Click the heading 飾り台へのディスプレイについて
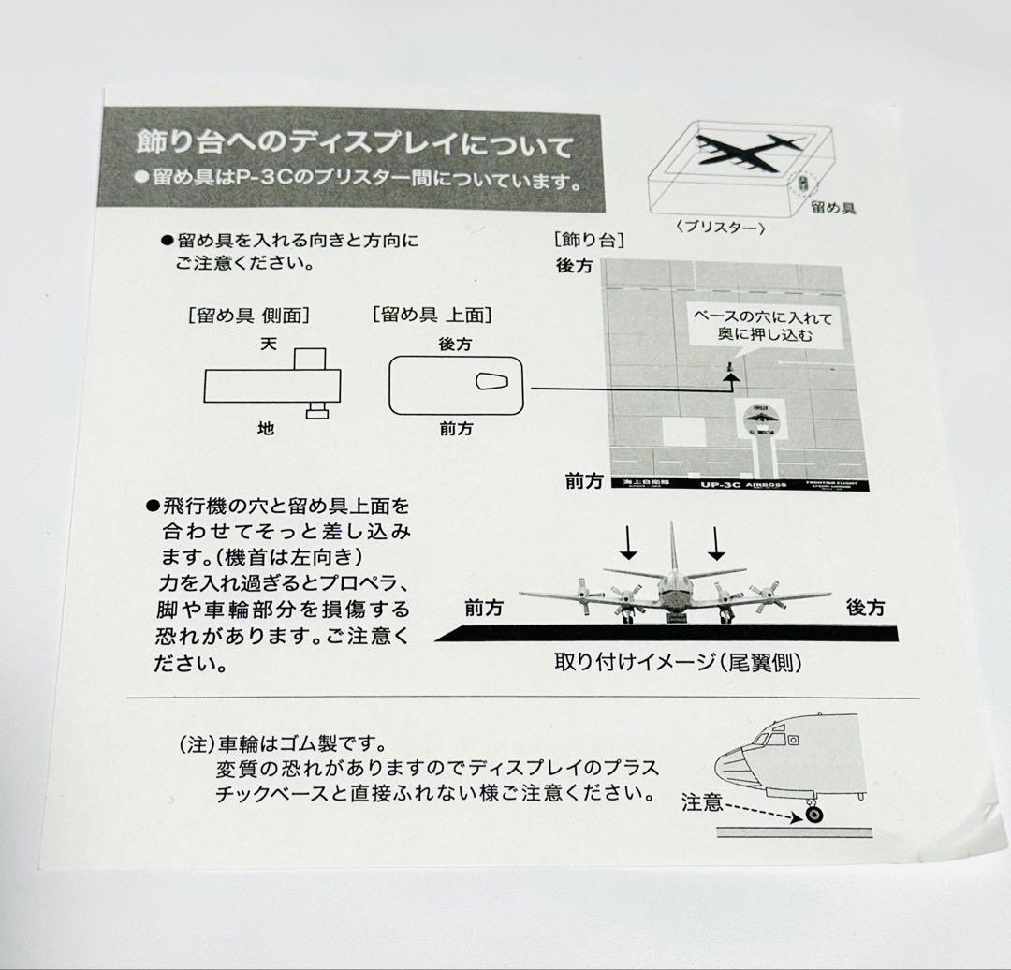354,145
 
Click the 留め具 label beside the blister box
833,207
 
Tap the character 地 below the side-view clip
267,428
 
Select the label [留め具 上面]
432,315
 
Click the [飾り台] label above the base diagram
589,240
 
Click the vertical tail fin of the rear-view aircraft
672,548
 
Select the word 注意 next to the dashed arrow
702,802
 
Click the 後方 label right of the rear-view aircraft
865,608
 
